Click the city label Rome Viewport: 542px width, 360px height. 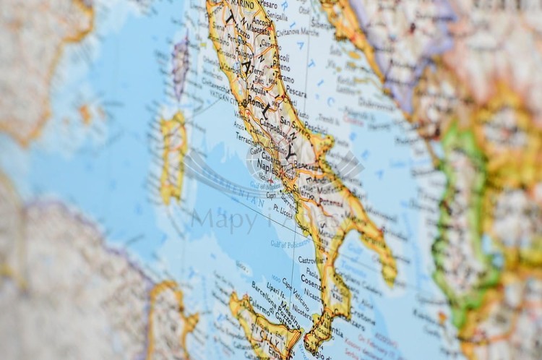pos(257,103)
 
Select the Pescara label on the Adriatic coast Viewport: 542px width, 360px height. pos(296,93)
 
